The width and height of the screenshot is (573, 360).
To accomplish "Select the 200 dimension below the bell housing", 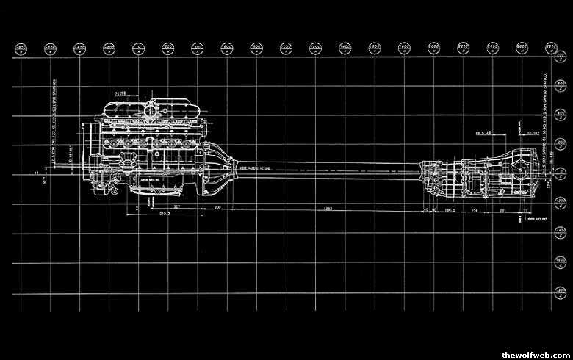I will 217,208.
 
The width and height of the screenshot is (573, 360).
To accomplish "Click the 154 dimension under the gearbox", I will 475,209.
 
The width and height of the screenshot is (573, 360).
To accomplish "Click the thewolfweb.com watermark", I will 535,354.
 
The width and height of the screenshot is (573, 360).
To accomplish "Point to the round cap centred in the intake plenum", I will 151,111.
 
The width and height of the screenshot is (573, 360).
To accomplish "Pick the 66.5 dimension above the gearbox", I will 482,134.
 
